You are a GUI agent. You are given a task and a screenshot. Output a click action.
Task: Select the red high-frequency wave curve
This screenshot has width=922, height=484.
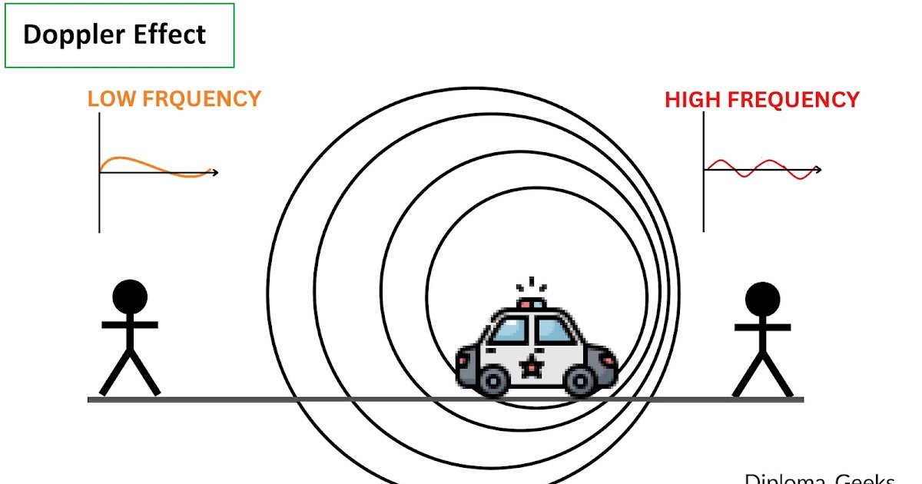(761, 169)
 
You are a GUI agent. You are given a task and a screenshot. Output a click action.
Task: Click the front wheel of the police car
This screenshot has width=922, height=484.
(582, 380)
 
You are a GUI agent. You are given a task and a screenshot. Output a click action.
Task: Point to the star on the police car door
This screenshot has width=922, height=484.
(529, 366)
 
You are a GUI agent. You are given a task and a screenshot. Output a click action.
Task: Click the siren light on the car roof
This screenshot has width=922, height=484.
(531, 304)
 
